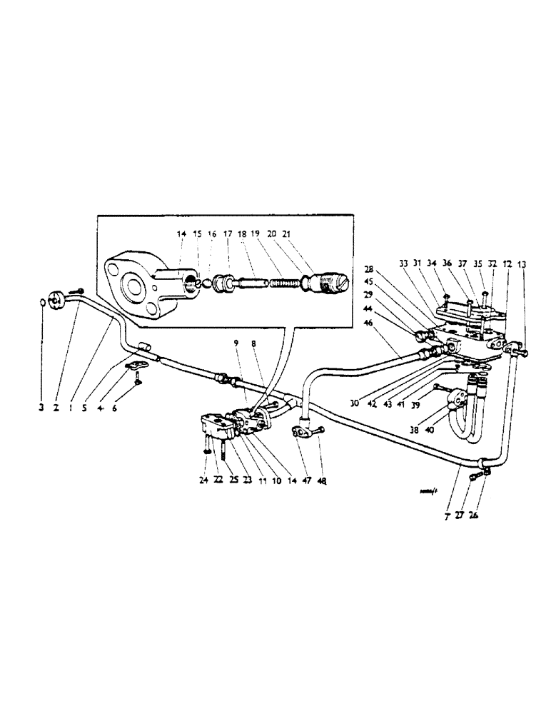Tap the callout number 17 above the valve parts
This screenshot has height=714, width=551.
pos(228,233)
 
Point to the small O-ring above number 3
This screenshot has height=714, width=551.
pos(42,303)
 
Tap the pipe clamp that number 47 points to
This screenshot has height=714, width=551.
pos(299,432)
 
